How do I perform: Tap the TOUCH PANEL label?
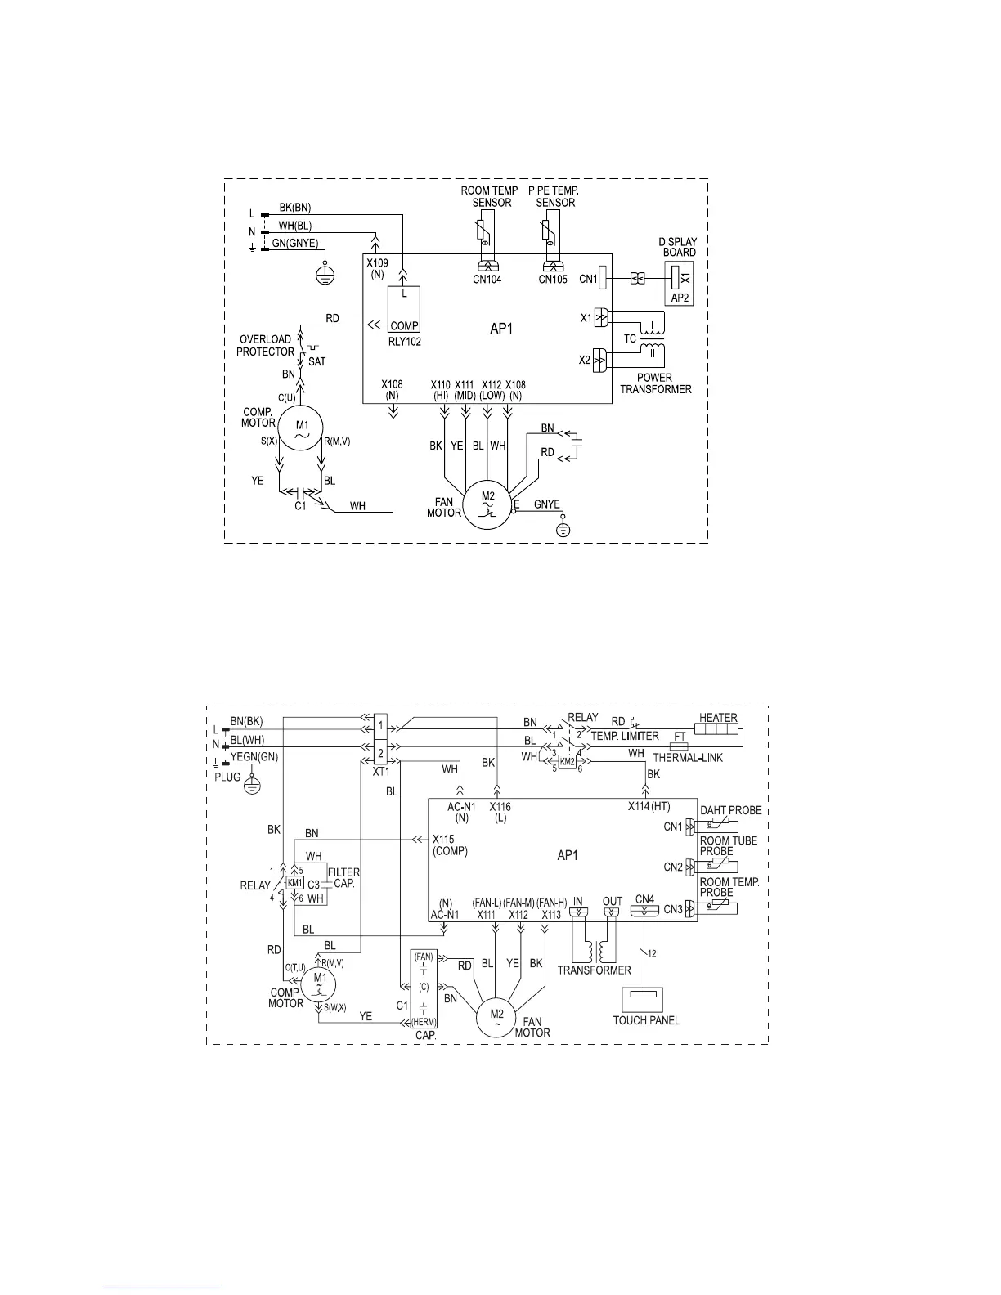click(646, 1019)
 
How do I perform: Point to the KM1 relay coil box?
click(295, 884)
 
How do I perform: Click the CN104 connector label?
click(487, 280)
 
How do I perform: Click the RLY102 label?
click(405, 342)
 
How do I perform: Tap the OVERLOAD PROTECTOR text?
click(265, 346)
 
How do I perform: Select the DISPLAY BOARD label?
click(679, 247)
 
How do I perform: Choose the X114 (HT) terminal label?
click(649, 806)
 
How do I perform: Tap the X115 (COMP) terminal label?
click(450, 845)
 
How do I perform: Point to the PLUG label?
click(227, 777)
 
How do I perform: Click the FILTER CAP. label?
click(343, 878)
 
